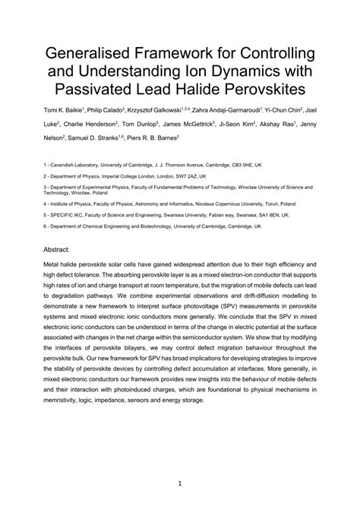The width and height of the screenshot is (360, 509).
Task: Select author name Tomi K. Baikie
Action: coord(67,112)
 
